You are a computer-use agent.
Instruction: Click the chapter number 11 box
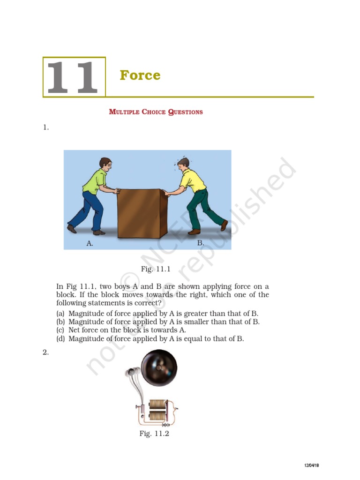[x=74, y=77]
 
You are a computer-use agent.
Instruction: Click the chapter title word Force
[x=140, y=75]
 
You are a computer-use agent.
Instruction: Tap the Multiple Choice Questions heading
[x=156, y=112]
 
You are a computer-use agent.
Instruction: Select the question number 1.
[x=45, y=127]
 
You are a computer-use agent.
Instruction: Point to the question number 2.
[x=45, y=352]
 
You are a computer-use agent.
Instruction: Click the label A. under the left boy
[x=90, y=244]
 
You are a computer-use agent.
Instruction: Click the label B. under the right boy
[x=201, y=243]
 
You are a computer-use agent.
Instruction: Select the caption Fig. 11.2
[x=154, y=434]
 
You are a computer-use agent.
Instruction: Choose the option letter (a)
[x=60, y=313]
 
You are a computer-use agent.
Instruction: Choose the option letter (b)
[x=60, y=322]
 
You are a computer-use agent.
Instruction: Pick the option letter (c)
[x=60, y=330]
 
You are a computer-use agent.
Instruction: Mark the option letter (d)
[x=60, y=338]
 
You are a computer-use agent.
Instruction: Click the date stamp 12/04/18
[x=311, y=465]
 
